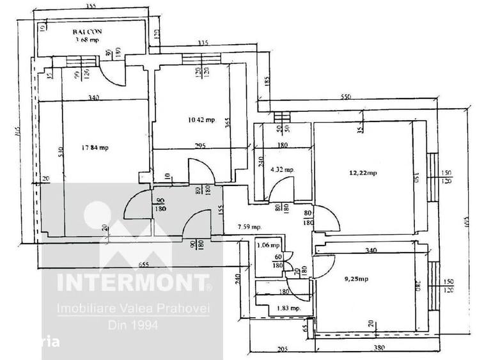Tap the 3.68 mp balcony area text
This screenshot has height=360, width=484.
point(87,39)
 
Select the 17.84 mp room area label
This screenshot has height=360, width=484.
point(95,148)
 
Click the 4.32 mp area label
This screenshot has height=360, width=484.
point(282,170)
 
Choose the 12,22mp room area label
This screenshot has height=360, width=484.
point(363,173)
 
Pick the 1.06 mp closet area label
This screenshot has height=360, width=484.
point(268,245)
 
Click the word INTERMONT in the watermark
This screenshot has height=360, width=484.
point(133,282)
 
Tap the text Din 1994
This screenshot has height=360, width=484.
point(133,324)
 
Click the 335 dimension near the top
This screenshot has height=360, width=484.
point(203,43)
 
